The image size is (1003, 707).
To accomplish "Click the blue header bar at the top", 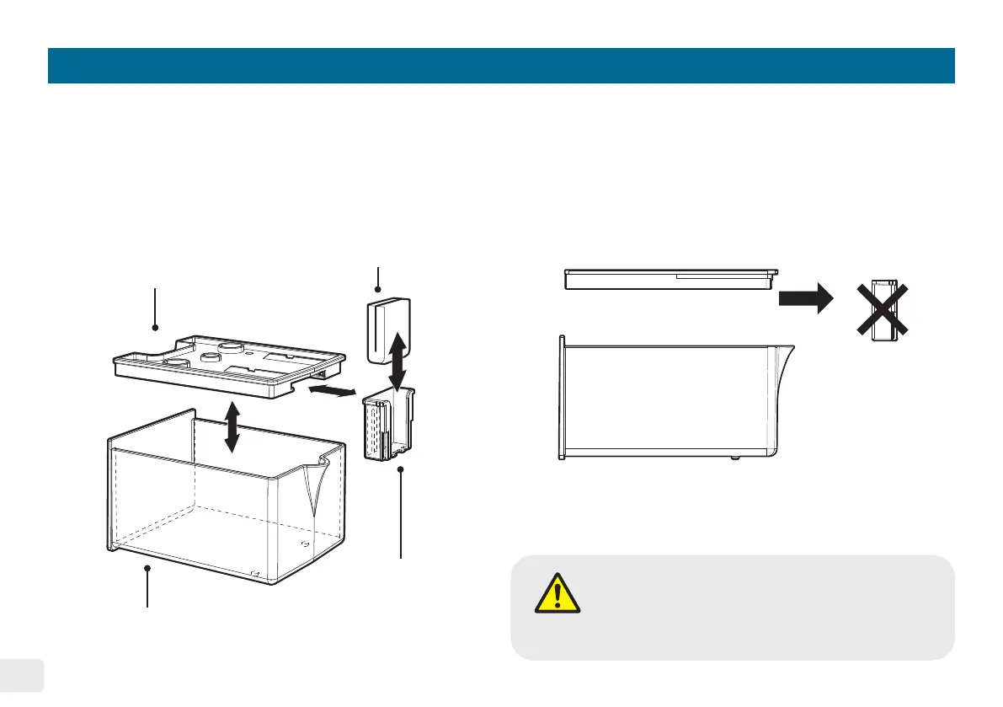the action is pos(501,66).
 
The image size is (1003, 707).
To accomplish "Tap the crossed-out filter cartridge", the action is pos(883,309).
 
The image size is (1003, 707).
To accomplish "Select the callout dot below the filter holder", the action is pos(401,469).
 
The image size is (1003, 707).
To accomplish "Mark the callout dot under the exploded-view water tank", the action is pos(148,569).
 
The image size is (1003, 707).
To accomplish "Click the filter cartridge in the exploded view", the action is pos(387,330).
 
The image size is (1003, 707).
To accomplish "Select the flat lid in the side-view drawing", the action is pos(670,279).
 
